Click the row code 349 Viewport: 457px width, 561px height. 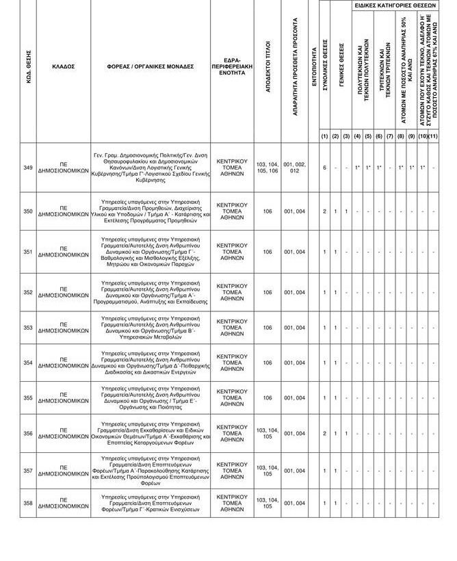(27, 168)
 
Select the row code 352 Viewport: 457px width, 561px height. (27, 292)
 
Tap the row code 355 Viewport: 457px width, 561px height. (27, 397)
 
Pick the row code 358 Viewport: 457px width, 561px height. (27, 503)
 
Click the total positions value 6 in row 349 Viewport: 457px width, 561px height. (324, 168)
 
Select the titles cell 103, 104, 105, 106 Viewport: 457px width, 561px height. (267, 168)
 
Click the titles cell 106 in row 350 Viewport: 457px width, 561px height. (267, 211)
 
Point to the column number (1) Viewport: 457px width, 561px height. (324, 136)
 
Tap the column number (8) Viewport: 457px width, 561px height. (400, 136)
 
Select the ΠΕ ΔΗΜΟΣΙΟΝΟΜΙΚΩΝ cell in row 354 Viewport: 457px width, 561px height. (63, 363)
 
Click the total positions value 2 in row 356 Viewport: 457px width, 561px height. (324, 433)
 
